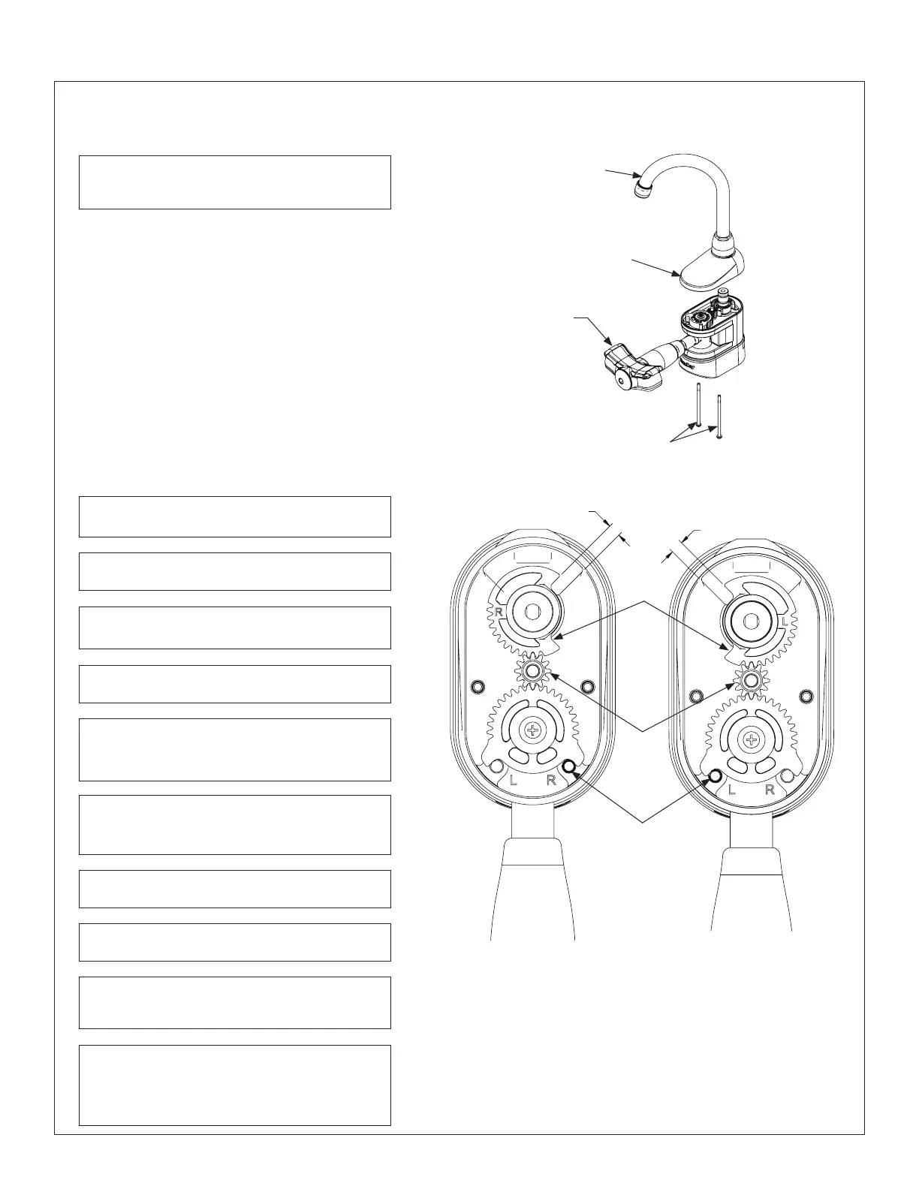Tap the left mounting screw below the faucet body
[x=700, y=405]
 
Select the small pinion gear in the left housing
[x=532, y=670]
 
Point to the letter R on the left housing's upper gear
[x=497, y=613]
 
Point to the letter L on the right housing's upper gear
[x=785, y=623]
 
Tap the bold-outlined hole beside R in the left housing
[x=569, y=766]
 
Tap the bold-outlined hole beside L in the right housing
[x=715, y=776]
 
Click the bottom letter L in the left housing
[x=514, y=780]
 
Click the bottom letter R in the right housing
[x=770, y=790]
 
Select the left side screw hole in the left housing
[x=475, y=686]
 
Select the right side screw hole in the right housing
[x=806, y=696]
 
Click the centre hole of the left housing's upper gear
[x=532, y=613]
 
